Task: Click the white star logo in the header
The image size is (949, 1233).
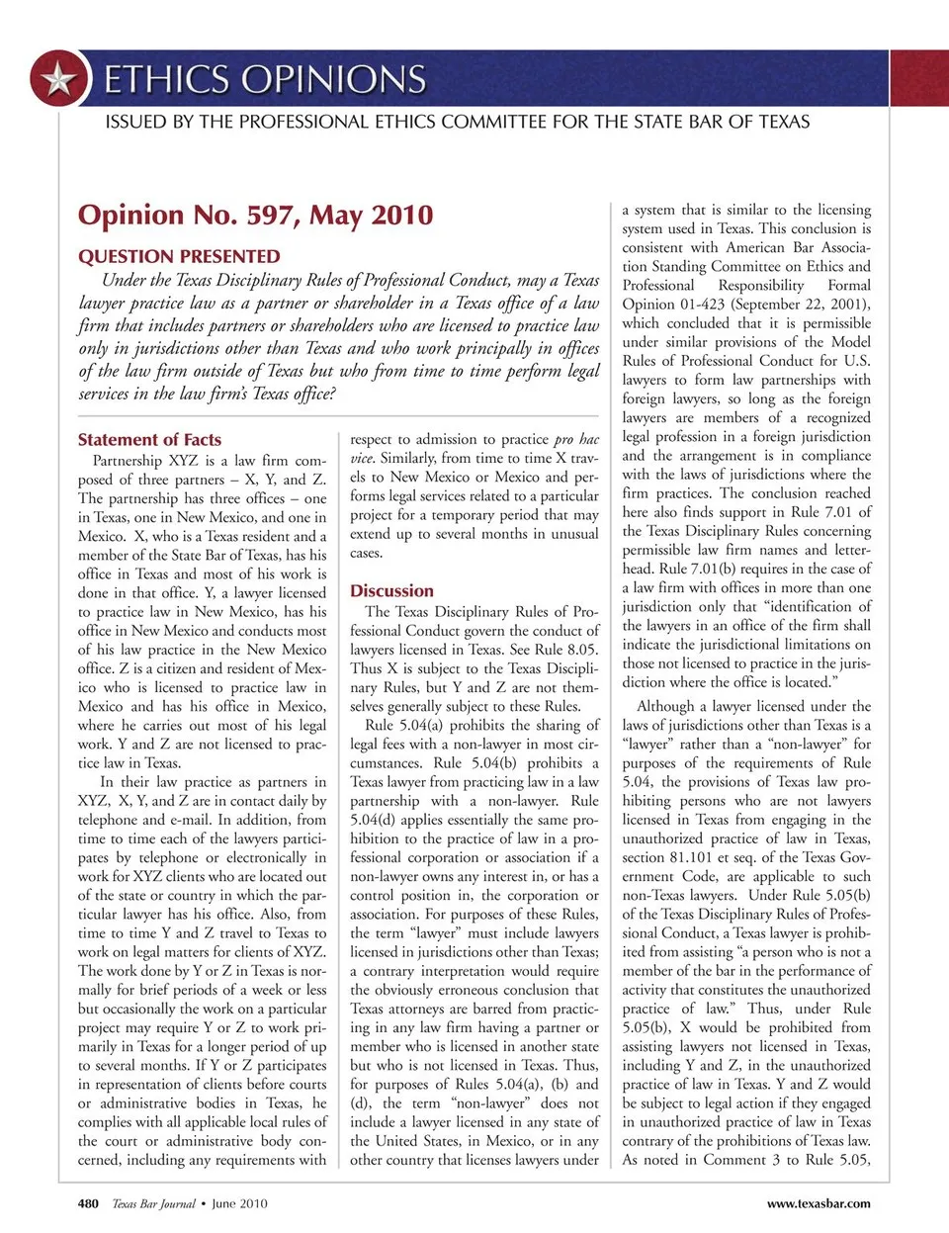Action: click(x=58, y=78)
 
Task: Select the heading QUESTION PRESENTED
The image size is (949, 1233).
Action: click(x=179, y=256)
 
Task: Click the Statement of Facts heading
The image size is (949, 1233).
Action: click(x=149, y=439)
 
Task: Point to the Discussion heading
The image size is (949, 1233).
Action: click(x=391, y=590)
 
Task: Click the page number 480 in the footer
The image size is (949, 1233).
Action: click(x=88, y=1203)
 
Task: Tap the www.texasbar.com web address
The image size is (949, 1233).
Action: click(x=819, y=1203)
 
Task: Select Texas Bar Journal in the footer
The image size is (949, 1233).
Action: click(x=153, y=1203)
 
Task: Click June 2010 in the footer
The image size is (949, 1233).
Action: click(x=239, y=1203)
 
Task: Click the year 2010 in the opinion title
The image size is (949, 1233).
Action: click(x=400, y=215)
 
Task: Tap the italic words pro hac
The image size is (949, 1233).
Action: click(x=576, y=439)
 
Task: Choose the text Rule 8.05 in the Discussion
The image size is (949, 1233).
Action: click(x=567, y=650)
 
